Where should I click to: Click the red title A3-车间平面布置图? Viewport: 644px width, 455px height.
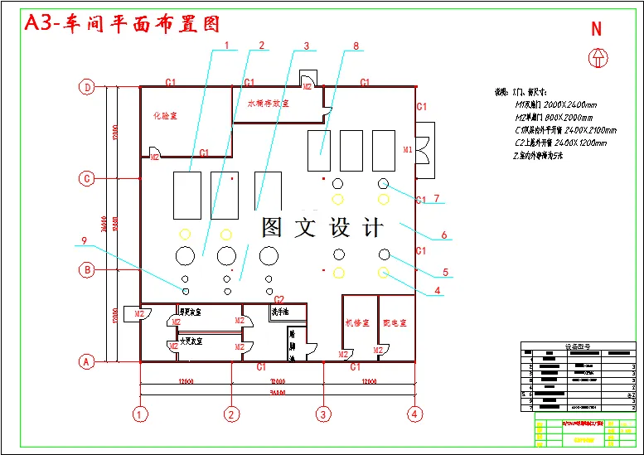pyautogui.click(x=123, y=23)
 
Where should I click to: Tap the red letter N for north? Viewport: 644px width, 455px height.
pyautogui.click(x=596, y=29)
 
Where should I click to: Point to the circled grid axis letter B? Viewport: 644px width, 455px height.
pyautogui.click(x=86, y=269)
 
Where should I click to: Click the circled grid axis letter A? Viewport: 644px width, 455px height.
pyautogui.click(x=86, y=361)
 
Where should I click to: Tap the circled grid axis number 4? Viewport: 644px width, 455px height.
pyautogui.click(x=414, y=413)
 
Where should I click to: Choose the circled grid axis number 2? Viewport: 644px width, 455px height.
pyautogui.click(x=232, y=413)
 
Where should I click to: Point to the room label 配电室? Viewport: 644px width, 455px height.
pyautogui.click(x=395, y=322)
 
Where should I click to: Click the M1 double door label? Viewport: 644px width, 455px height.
pyautogui.click(x=407, y=150)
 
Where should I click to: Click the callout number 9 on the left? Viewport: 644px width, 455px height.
pyautogui.click(x=84, y=241)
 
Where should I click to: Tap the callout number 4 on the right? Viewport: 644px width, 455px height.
pyautogui.click(x=438, y=291)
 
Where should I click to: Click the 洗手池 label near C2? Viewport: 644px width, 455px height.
pyautogui.click(x=280, y=312)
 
